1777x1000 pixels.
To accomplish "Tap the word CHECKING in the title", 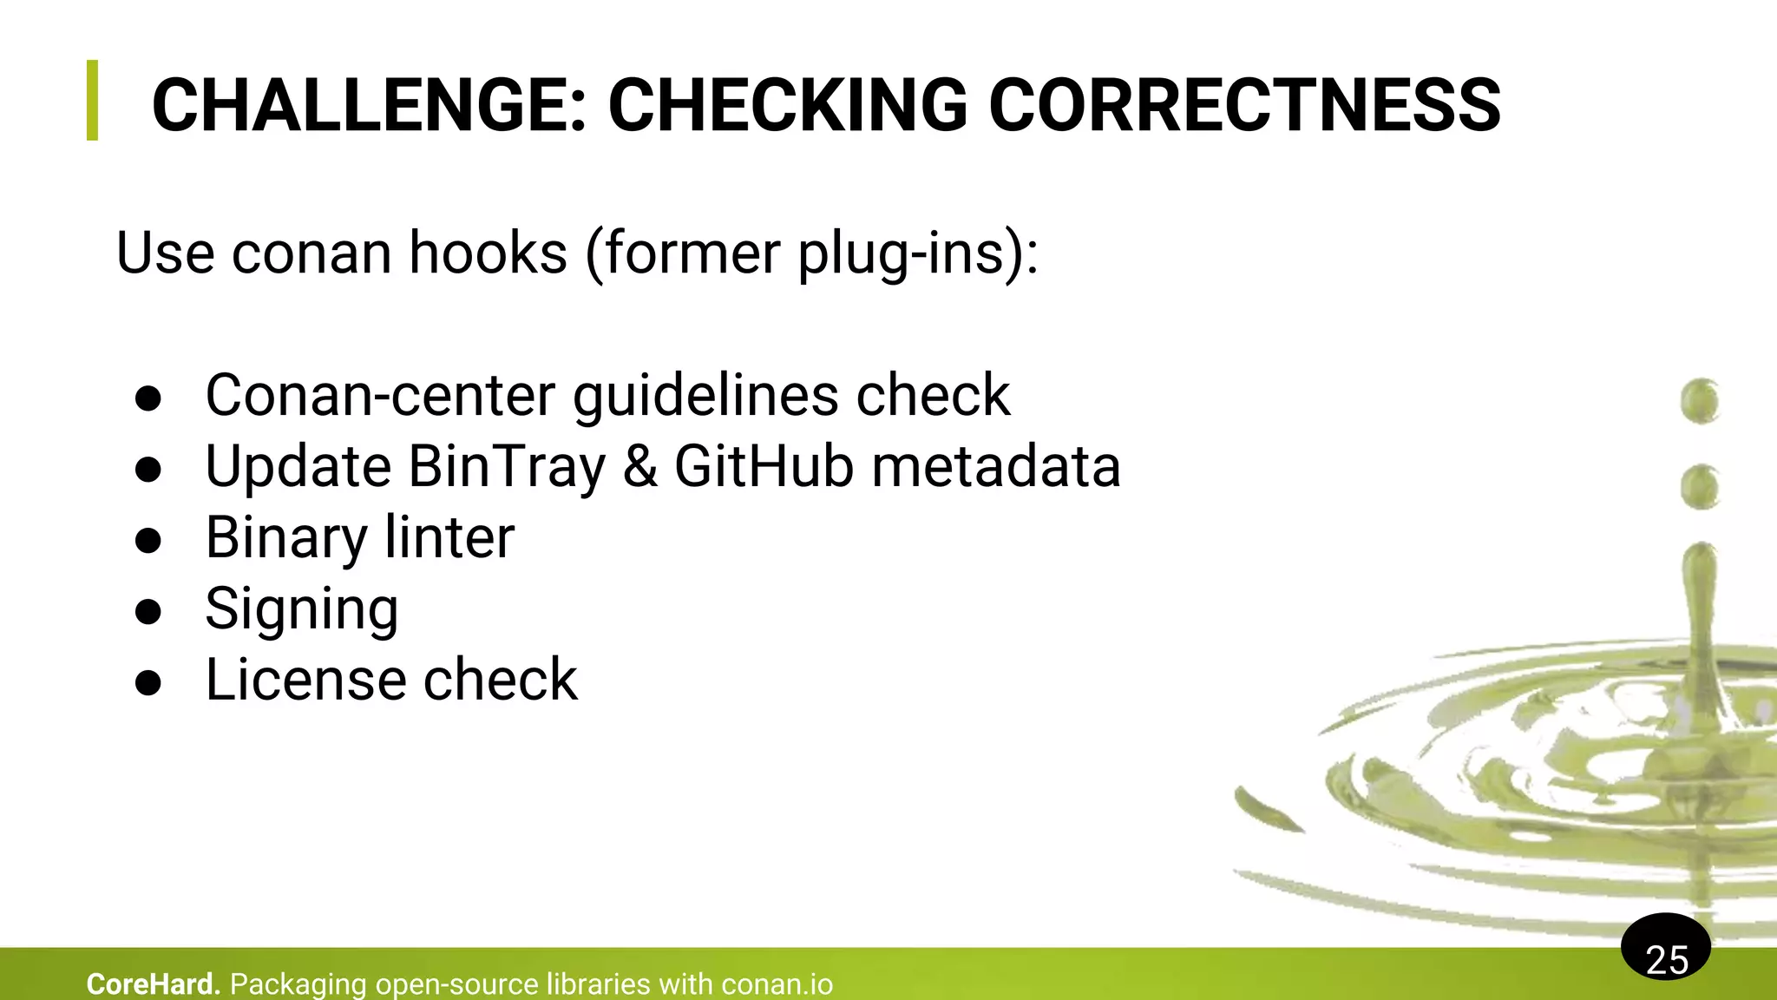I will pyautogui.click(x=787, y=105).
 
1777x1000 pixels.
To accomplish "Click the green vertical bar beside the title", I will pyautogui.click(x=93, y=100).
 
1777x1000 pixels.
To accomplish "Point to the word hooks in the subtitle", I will pyautogui.click(x=488, y=253).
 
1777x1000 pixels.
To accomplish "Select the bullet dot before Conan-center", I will pyautogui.click(x=148, y=398).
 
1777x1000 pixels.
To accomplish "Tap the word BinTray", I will pyautogui.click(x=506, y=467).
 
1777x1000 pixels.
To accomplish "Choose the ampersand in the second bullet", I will pyautogui.click(x=640, y=467).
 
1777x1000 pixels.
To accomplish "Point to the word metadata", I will pyautogui.click(x=996, y=467).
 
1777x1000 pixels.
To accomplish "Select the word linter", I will pyautogui.click(x=449, y=537).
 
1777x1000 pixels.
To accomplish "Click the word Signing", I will pyautogui.click(x=302, y=610).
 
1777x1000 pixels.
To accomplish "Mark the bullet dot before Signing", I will pyautogui.click(x=148, y=611).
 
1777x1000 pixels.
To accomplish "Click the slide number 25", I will pyautogui.click(x=1666, y=958).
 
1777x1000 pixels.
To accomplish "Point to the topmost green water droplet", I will pyautogui.click(x=1699, y=401).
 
